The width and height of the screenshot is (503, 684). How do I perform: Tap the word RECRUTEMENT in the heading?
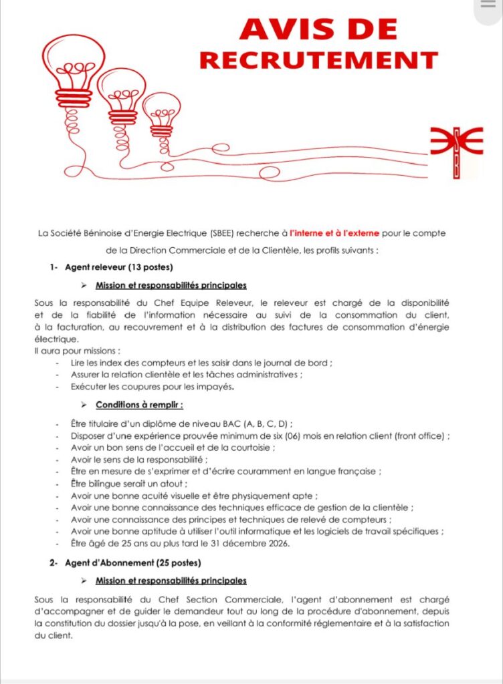pyautogui.click(x=318, y=60)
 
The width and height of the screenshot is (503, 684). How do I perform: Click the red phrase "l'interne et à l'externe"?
pyautogui.click(x=334, y=233)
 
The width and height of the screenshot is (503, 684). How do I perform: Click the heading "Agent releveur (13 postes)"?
pyautogui.click(x=119, y=268)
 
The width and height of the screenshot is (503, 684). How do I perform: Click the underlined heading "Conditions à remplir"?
pyautogui.click(x=139, y=405)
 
